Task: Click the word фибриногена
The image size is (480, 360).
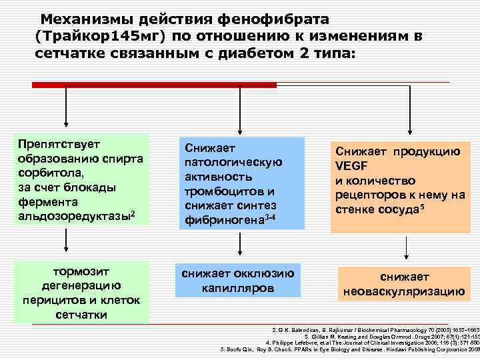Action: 220,220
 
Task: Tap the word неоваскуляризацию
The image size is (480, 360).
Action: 403,291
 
